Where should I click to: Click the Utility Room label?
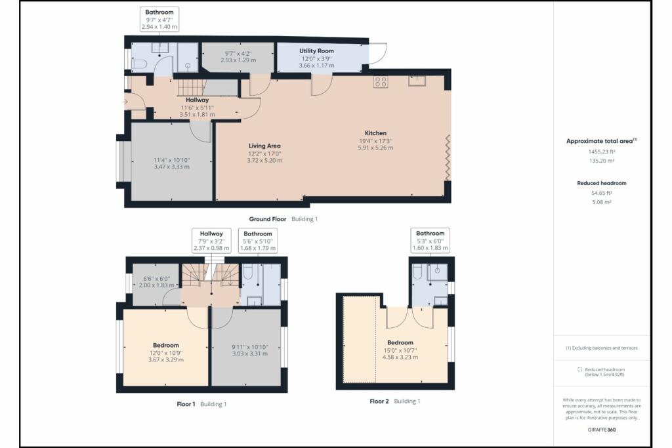(x=317, y=51)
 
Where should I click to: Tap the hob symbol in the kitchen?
(x=381, y=82)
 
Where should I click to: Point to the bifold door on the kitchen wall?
(x=448, y=157)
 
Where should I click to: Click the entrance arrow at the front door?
(x=125, y=102)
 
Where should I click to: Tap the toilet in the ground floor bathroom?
(x=136, y=63)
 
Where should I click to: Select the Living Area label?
(x=265, y=146)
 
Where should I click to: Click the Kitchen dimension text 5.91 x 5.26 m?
(x=376, y=148)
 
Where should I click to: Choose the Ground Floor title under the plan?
(x=268, y=218)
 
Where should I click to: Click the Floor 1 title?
(x=185, y=404)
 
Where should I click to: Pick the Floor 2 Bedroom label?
(x=400, y=342)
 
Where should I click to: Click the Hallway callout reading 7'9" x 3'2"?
(x=211, y=241)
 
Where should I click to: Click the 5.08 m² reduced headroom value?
(x=597, y=202)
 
